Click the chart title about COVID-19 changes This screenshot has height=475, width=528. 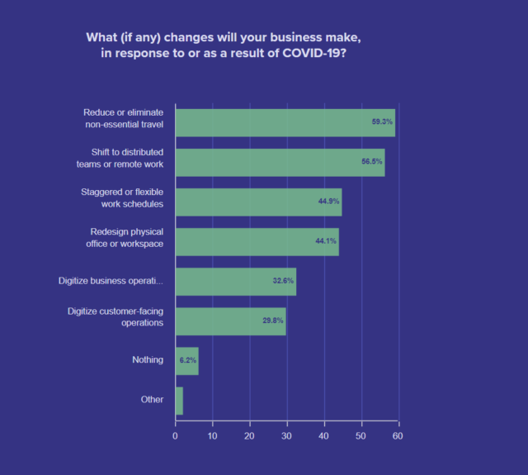(223, 46)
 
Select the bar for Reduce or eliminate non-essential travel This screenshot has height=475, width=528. (285, 122)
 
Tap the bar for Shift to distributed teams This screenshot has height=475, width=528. (280, 163)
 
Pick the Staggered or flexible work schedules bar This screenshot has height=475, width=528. (258, 202)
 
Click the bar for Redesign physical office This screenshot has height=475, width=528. (257, 242)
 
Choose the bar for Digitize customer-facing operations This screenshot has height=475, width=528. (230, 321)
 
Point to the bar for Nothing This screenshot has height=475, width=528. (186, 361)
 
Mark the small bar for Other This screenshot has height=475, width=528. (179, 401)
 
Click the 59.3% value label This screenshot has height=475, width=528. (382, 122)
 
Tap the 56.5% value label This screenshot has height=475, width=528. (372, 163)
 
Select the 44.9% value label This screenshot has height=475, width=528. (329, 202)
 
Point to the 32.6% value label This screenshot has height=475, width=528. (283, 282)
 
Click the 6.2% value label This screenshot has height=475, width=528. (188, 361)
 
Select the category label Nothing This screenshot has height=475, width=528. (148, 360)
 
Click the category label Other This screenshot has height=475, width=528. (152, 400)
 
